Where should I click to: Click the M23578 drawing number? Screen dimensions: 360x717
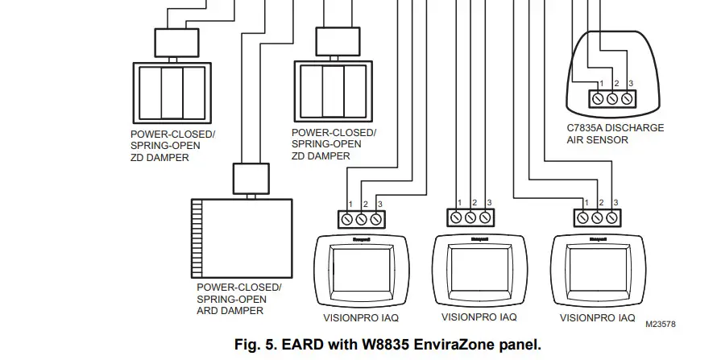660,325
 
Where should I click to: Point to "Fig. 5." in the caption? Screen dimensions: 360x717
254,345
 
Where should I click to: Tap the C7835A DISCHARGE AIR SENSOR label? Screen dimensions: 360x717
604,134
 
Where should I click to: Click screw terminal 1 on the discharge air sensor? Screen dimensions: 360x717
599,99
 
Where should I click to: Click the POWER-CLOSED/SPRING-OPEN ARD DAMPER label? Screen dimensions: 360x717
239,299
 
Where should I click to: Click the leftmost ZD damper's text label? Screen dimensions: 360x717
173,146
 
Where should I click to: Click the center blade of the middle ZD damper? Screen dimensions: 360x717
333,91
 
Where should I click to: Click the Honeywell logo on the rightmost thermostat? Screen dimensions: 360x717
598,239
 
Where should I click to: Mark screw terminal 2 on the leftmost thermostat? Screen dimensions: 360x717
362,218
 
